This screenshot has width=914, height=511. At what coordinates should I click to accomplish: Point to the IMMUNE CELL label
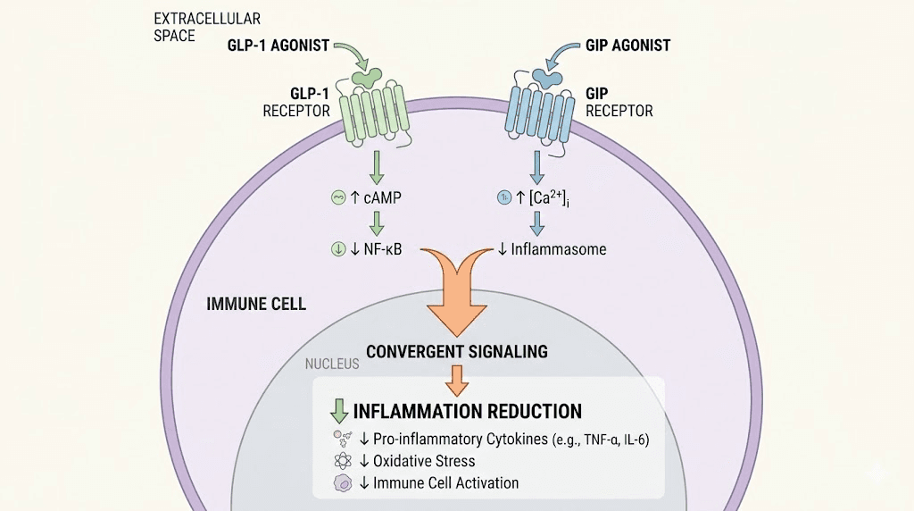tap(256, 304)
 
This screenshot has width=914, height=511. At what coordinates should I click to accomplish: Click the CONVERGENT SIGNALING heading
tap(457, 351)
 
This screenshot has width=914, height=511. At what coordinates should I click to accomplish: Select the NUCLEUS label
tap(332, 364)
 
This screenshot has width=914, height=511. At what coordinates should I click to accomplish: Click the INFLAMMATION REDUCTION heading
tap(468, 412)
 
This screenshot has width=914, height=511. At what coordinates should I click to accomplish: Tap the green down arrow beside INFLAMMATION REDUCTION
tap(339, 411)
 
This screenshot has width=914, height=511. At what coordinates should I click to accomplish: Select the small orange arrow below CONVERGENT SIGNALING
tap(456, 379)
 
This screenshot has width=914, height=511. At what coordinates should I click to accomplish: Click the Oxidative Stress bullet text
tap(425, 461)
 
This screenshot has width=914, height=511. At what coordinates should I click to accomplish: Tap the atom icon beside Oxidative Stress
tap(340, 461)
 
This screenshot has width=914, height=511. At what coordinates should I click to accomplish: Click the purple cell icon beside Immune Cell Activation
tap(340, 483)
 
